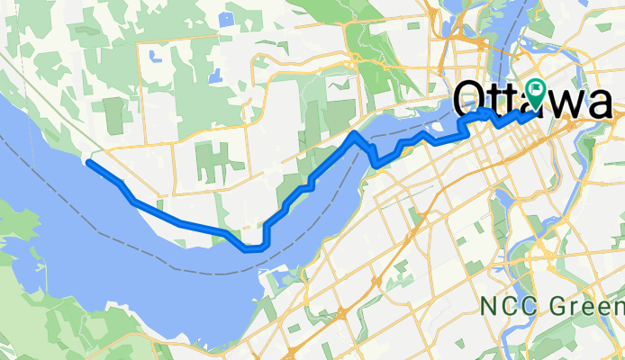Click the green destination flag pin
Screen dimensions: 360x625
[x=538, y=91]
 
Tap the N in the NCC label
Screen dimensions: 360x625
[x=490, y=307]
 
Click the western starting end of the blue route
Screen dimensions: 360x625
[x=88, y=163]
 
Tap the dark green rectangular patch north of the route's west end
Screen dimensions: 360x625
[x=114, y=114]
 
